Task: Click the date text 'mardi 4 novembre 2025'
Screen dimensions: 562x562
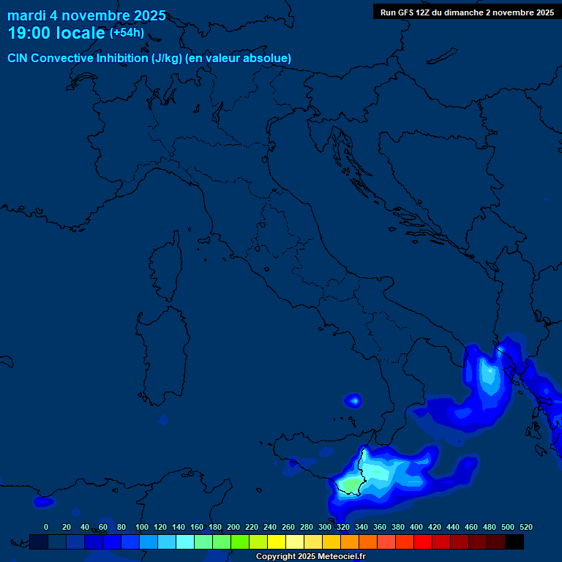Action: coord(86,15)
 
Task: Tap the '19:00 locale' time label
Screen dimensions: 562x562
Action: coord(56,33)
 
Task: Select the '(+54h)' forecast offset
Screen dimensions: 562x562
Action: coord(127,33)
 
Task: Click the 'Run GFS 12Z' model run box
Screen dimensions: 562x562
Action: coord(467,12)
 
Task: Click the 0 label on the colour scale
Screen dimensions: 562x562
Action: coord(46,527)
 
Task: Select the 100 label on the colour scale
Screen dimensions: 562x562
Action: coord(142,527)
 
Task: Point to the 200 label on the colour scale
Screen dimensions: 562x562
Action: coord(233,527)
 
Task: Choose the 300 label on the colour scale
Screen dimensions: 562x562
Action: coord(325,527)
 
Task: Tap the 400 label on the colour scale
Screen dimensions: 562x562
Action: coord(416,527)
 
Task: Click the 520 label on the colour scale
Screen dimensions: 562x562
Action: coord(525,527)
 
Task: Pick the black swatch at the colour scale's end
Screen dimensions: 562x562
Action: coord(514,542)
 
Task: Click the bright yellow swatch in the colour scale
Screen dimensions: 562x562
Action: coord(277,542)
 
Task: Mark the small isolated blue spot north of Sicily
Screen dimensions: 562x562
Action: coord(353,400)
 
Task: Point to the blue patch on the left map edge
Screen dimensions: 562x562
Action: coord(42,502)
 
